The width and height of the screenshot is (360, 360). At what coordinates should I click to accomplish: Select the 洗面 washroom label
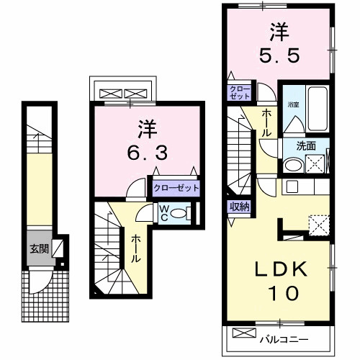pyautogui.click(x=307, y=145)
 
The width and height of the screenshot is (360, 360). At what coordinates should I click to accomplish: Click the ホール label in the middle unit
pyautogui.click(x=135, y=248)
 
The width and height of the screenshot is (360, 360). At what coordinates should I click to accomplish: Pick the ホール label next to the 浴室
pyautogui.click(x=266, y=122)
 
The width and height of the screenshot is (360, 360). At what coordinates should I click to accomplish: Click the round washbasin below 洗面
pyautogui.click(x=292, y=165)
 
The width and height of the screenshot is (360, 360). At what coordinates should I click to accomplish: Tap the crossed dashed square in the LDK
pyautogui.click(x=317, y=224)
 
